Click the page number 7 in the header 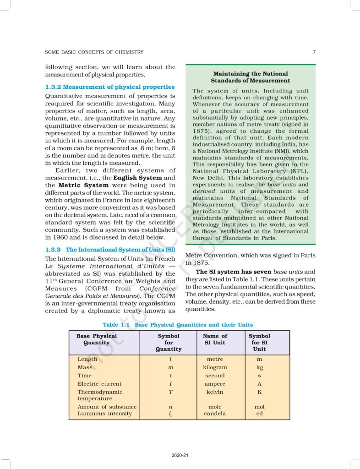pyautogui.click(x=314, y=52)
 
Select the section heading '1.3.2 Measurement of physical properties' pyautogui.click(x=110, y=87)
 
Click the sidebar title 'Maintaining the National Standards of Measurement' pyautogui.click(x=251, y=77)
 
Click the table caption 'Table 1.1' pyautogui.click(x=117, y=325)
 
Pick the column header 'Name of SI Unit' pyautogui.click(x=215, y=339)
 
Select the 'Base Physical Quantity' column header pyautogui.click(x=97, y=339)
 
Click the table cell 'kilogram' pyautogui.click(x=215, y=367)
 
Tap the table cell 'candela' pyautogui.click(x=215, y=414)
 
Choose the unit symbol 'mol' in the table pyautogui.click(x=259, y=407)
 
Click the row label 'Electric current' pyautogui.click(x=99, y=384)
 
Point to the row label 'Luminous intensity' pyautogui.click(x=104, y=414)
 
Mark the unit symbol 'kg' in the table pyautogui.click(x=259, y=367)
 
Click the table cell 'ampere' pyautogui.click(x=215, y=384)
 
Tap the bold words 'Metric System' pyautogui.click(x=84, y=185)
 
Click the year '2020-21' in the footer pyautogui.click(x=180, y=455)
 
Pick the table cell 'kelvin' pyautogui.click(x=215, y=392)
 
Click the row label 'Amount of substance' pyautogui.click(x=107, y=407)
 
